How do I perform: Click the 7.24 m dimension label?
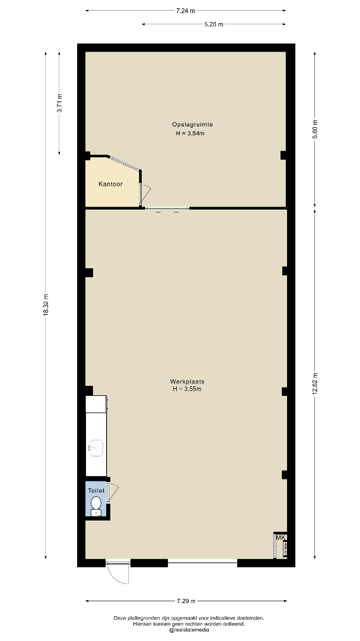[186, 11]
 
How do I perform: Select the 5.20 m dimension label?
[214, 24]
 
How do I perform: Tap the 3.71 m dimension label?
[59, 103]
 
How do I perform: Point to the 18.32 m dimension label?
[46, 304]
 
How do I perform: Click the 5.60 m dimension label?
[315, 129]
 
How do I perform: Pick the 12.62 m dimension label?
[315, 384]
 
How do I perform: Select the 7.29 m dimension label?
[186, 601]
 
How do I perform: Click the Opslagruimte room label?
[187, 124]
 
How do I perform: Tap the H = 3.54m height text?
[190, 134]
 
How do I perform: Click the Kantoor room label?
[110, 185]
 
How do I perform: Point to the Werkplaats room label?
[187, 382]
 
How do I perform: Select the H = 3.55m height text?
[187, 389]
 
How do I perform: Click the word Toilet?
[97, 491]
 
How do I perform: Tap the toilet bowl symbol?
[97, 505]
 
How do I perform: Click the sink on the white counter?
[97, 448]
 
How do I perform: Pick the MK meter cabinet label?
[281, 538]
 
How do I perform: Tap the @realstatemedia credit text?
[189, 630]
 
